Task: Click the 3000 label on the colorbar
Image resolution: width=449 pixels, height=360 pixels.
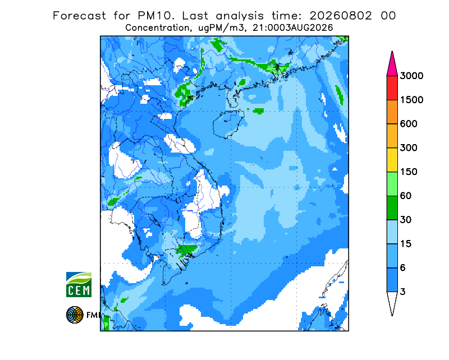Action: (x=411, y=76)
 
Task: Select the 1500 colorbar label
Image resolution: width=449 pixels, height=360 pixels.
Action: (x=411, y=100)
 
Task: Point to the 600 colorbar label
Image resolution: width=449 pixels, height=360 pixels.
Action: (x=409, y=124)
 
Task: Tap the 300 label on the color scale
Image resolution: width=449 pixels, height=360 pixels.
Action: (x=409, y=148)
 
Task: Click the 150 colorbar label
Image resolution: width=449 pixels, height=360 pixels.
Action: (x=409, y=172)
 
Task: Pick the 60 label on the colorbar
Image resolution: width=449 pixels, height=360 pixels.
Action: (x=406, y=196)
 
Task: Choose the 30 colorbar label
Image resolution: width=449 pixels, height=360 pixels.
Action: (x=406, y=220)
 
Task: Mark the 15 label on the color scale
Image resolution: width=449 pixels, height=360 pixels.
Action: (x=406, y=244)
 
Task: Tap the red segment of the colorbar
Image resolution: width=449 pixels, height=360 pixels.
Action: (x=392, y=88)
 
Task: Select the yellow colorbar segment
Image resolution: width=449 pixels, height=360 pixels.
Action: (x=392, y=160)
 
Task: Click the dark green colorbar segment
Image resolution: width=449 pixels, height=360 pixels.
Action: (x=392, y=208)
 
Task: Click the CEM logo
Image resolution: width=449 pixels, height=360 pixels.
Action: (x=79, y=285)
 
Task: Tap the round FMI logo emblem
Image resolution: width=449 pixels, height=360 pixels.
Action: (x=75, y=315)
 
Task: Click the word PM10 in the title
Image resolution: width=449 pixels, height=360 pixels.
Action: (x=155, y=16)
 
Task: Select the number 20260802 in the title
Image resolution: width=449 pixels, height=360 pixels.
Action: (x=341, y=16)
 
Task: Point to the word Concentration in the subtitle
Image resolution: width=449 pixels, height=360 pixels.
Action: (x=157, y=28)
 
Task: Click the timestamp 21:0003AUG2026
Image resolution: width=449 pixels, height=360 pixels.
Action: (x=292, y=28)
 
